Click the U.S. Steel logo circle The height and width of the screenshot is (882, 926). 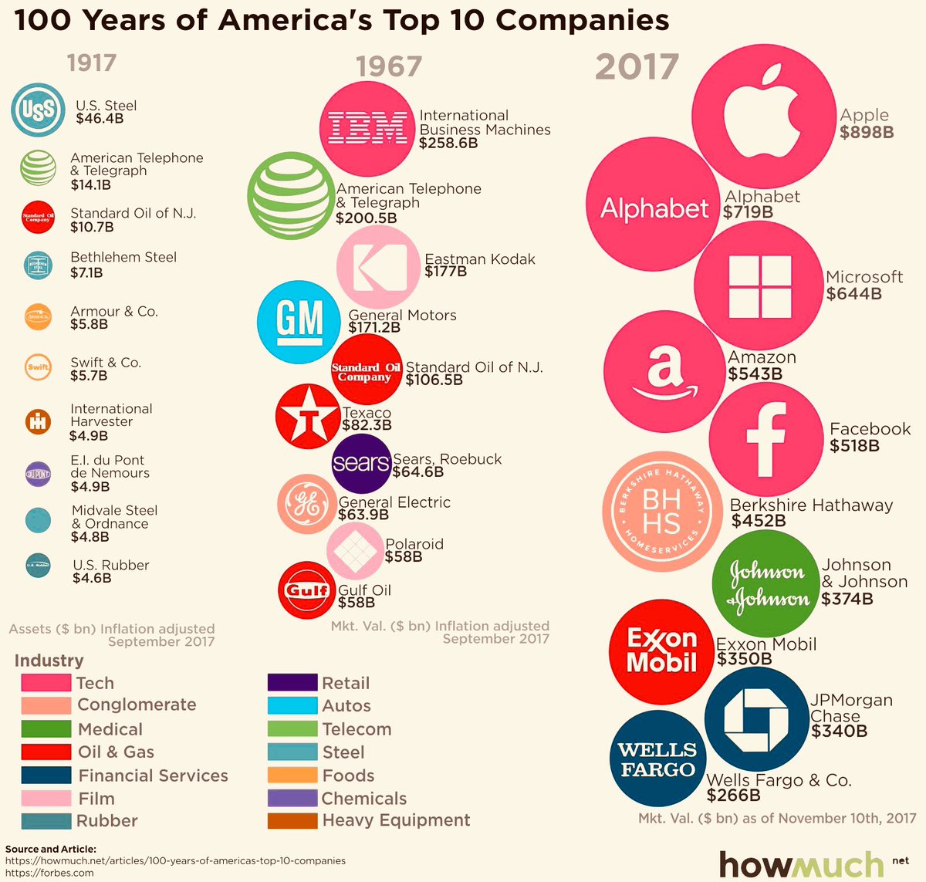tap(38, 110)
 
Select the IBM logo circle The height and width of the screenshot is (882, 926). tap(367, 128)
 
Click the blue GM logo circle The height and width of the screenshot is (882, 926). tap(299, 322)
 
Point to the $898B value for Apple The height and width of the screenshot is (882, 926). tap(867, 132)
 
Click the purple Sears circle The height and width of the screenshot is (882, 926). tap(361, 463)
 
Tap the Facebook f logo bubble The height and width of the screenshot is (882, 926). tap(765, 440)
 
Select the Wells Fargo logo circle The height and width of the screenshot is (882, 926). tap(657, 759)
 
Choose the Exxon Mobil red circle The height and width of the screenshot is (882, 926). tap(661, 651)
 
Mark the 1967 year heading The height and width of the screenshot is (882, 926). tap(389, 66)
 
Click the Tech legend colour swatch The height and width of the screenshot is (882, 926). tap(46, 683)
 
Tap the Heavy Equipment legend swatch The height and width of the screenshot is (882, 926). tap(292, 820)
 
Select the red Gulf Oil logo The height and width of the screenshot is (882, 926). tap(307, 590)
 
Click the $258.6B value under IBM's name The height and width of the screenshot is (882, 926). tap(448, 144)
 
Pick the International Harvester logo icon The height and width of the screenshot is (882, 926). tap(38, 421)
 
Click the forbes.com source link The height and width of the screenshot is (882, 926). tap(49, 873)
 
